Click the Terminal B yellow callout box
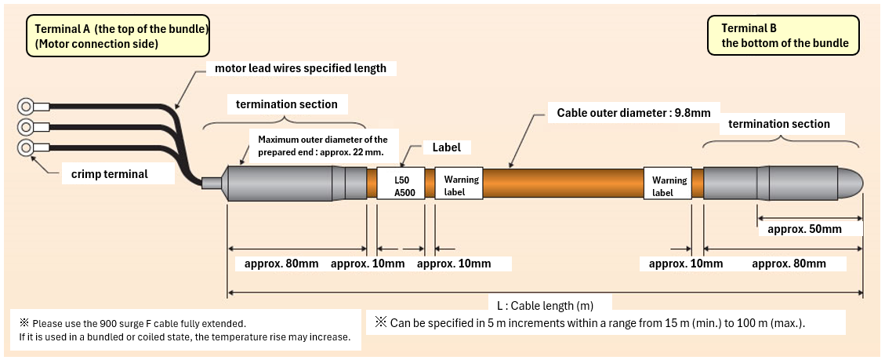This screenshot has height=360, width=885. pos(785,35)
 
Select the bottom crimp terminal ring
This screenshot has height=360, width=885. pos(26,147)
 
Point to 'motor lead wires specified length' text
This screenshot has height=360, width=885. pos(300,68)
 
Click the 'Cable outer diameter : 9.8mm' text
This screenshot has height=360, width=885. pos(633,113)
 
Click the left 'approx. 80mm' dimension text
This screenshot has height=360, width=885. pos(277,264)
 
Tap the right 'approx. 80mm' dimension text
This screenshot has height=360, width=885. pos(789,264)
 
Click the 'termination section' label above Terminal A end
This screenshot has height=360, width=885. pos(286,104)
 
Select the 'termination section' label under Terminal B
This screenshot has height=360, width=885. pos(778,124)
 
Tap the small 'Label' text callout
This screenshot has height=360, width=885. pos(447,147)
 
